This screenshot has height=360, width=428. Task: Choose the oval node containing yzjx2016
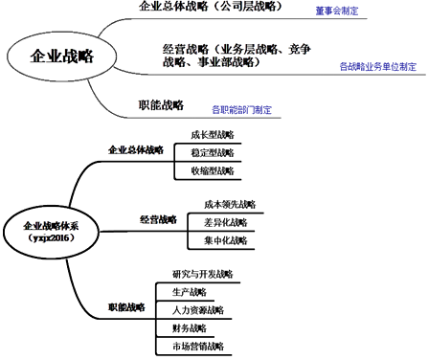53,229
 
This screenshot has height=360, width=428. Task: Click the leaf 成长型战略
211,134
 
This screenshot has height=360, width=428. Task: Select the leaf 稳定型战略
211,152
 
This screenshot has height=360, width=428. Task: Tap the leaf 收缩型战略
211,170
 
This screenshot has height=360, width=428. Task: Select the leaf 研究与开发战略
200,274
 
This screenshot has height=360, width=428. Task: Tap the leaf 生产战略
189,292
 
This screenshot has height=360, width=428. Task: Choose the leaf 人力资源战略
197,310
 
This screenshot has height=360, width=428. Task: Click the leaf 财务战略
189,328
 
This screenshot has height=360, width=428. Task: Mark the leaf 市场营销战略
197,346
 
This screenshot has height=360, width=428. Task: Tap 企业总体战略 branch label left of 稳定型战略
135,151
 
